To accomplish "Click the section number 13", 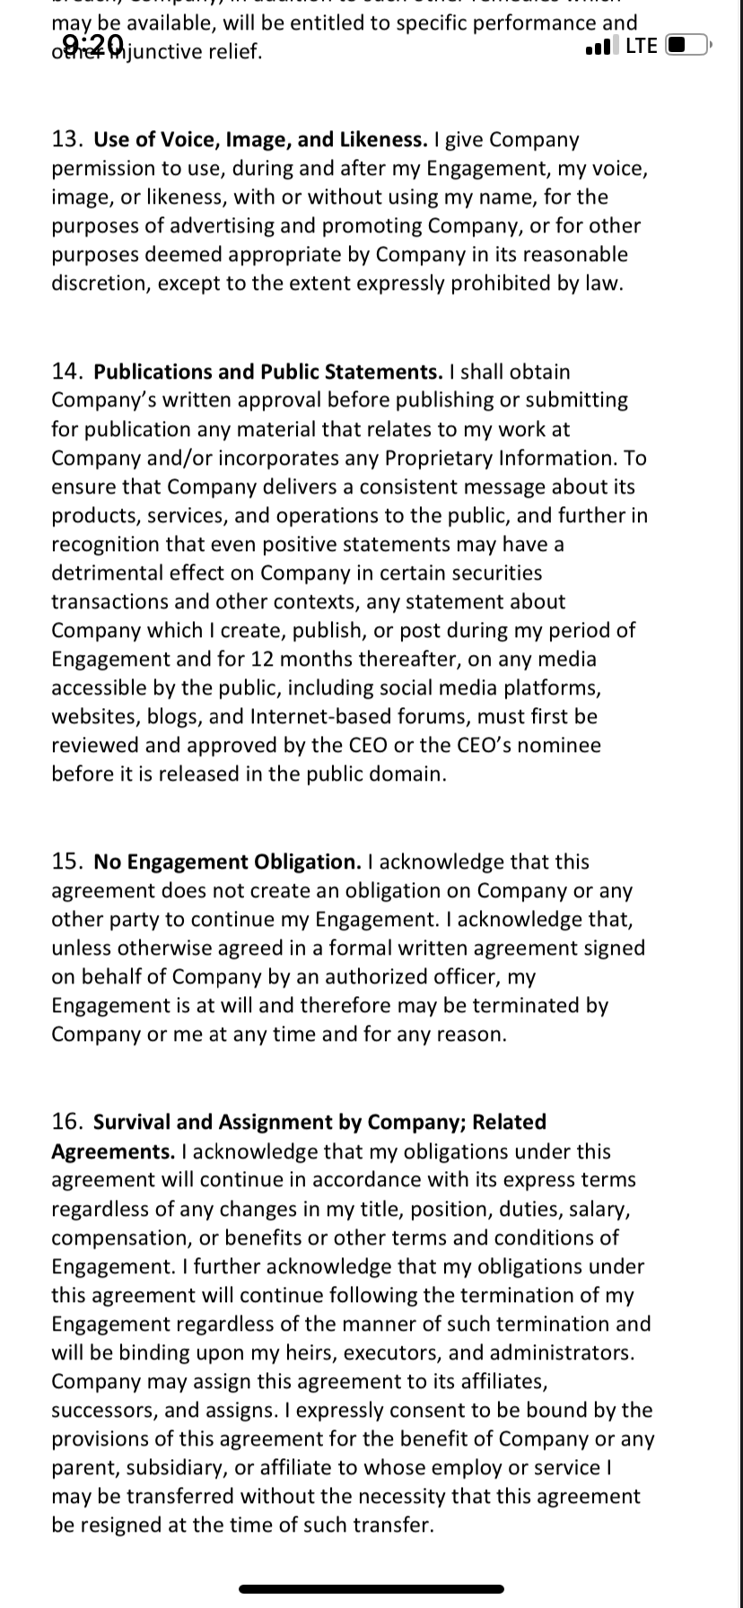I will (x=68, y=140).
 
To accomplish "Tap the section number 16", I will (x=68, y=1123).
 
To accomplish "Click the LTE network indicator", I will (x=642, y=46).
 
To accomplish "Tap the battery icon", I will (x=689, y=45).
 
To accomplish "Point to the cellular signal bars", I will (x=601, y=47).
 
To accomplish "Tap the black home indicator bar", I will (x=371, y=1589).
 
